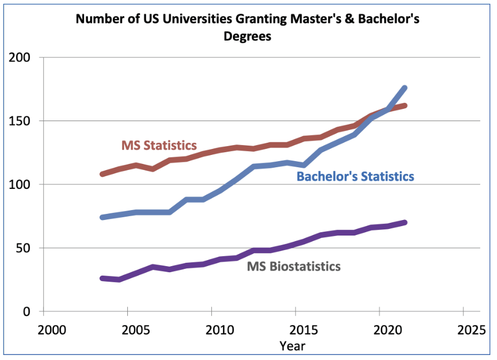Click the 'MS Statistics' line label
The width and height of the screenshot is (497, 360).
[159, 146]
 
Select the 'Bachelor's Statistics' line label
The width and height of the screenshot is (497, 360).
[355, 177]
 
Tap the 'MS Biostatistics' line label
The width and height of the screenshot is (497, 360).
[294, 266]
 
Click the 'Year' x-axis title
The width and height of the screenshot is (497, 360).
[292, 346]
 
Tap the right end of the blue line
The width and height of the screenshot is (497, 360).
[405, 88]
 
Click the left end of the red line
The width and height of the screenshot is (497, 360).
[102, 174]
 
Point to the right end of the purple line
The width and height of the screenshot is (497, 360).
[405, 222]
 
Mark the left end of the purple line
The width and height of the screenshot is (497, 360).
[102, 278]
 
